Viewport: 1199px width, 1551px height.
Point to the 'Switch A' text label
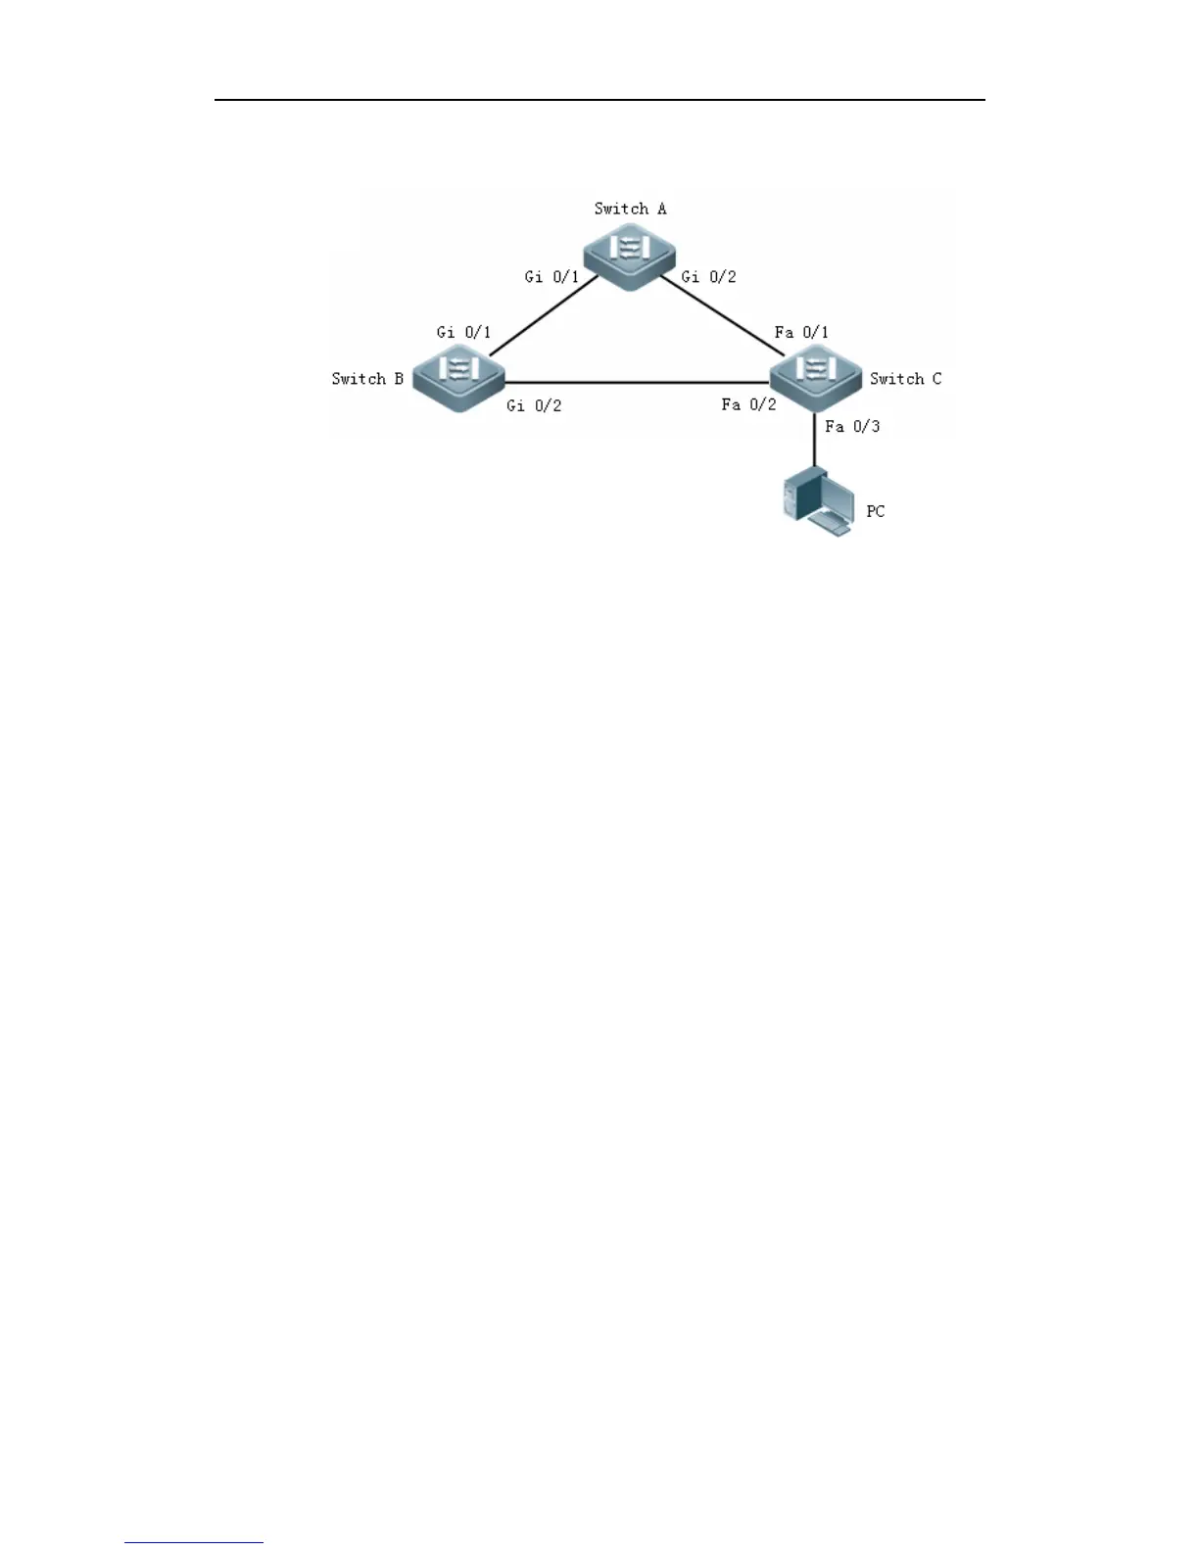coord(630,209)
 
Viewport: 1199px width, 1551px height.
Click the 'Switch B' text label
coord(367,379)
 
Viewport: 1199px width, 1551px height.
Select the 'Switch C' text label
coord(905,379)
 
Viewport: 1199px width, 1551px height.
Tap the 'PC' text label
coord(875,511)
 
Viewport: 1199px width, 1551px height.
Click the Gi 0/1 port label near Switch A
coord(552,277)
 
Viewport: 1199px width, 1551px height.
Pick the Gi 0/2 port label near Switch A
coord(708,277)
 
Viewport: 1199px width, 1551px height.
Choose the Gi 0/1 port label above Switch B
coord(463,333)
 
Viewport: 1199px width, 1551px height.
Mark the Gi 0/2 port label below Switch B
coord(534,405)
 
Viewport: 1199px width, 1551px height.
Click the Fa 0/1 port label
coord(801,333)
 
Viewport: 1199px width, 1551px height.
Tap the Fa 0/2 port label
coord(748,404)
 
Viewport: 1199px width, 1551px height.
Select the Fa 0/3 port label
coord(852,426)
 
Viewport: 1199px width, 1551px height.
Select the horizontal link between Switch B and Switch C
coord(637,382)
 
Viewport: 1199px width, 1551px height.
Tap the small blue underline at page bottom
coord(194,1543)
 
